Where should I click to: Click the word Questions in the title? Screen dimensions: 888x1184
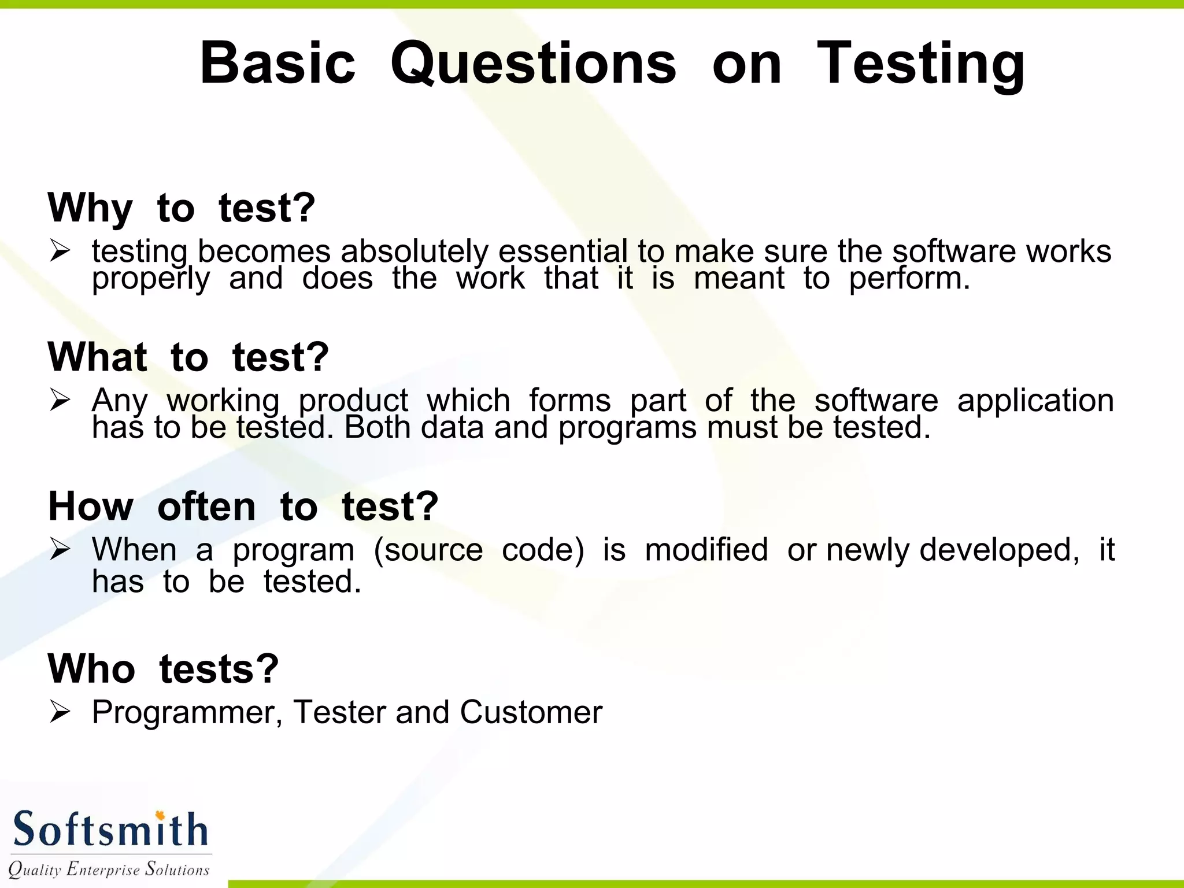pyautogui.click(x=533, y=64)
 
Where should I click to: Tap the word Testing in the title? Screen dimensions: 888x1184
pyautogui.click(x=920, y=64)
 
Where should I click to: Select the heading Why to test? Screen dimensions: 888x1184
pyautogui.click(x=182, y=208)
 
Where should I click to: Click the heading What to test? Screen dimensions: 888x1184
pyautogui.click(x=188, y=357)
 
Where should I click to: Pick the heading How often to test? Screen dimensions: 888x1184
pyautogui.click(x=243, y=506)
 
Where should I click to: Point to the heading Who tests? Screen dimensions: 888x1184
pyautogui.click(x=164, y=669)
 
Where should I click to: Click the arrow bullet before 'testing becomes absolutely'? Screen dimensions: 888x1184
pyautogui.click(x=60, y=251)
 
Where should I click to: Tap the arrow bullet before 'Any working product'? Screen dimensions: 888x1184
pyautogui.click(x=60, y=400)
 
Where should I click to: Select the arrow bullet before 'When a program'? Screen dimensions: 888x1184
pyautogui.click(x=60, y=549)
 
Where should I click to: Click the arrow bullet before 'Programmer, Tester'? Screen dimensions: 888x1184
pyautogui.click(x=60, y=712)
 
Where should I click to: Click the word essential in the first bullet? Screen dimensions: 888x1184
pyautogui.click(x=563, y=251)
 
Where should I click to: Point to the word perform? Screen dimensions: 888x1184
pyautogui.click(x=909, y=279)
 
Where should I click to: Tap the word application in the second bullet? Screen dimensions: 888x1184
pyautogui.click(x=1035, y=400)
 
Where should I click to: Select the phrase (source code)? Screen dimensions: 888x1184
pyautogui.click(x=479, y=549)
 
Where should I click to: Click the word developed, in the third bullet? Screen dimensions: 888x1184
pyautogui.click(x=999, y=549)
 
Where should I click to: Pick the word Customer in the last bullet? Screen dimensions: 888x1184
pyautogui.click(x=531, y=712)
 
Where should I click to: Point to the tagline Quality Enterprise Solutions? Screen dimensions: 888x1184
pyautogui.click(x=109, y=869)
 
